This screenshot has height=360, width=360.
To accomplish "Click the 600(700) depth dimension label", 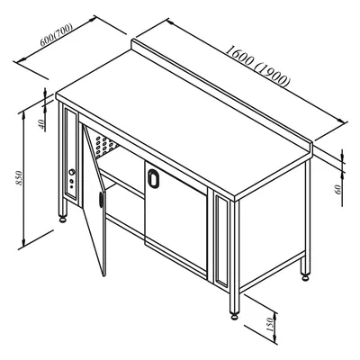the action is point(57,35).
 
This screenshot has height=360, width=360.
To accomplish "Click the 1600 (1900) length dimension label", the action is point(257,66).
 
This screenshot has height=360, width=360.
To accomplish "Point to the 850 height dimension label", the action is point(19,177).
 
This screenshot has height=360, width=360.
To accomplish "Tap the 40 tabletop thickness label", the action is point(43,123).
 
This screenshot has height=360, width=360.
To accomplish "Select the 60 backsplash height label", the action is point(338,189).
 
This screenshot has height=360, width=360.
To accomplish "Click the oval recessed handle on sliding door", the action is point(153,179).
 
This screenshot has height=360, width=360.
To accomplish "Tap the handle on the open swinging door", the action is point(101,199).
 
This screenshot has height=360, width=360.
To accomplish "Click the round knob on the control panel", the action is point(72,172).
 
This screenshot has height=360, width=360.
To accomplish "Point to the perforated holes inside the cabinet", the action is point(105,146).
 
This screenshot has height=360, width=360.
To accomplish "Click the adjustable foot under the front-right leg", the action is point(234,316).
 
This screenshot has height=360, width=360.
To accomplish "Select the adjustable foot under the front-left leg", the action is point(63,220).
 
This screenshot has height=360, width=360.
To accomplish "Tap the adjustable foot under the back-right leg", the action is point(305,277).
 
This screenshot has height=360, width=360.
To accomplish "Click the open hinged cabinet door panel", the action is point(94,201).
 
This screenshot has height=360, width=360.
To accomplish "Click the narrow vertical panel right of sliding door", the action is point(221,241).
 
